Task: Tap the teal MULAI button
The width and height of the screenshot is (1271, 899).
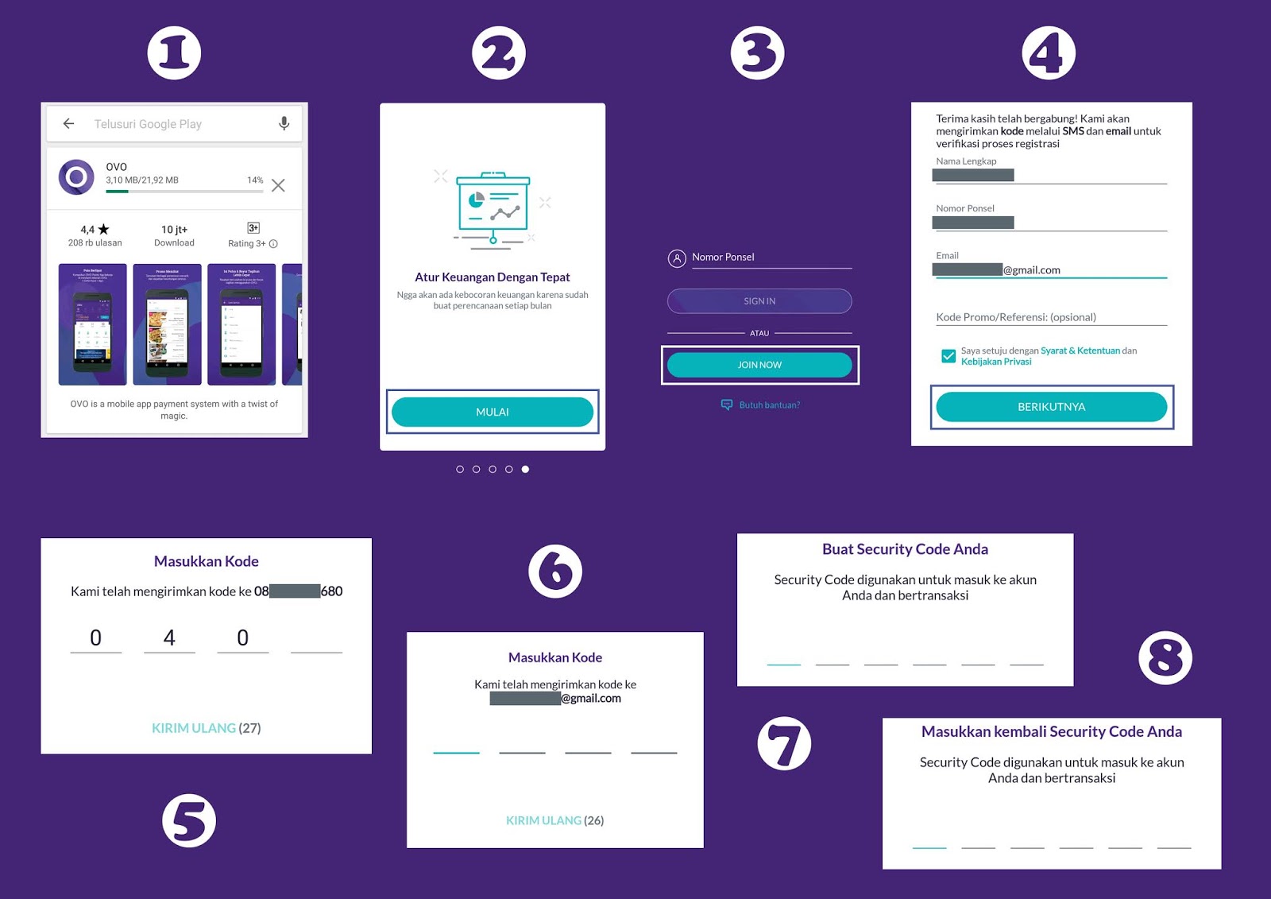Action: coord(492,412)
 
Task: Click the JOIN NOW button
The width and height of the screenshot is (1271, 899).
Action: coord(759,365)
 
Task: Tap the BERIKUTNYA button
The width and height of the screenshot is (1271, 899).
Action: coord(1051,407)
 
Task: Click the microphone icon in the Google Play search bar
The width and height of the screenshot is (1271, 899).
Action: coord(284,123)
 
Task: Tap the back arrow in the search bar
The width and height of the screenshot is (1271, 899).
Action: coord(69,123)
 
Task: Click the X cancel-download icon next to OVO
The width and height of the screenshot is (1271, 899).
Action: coord(278,185)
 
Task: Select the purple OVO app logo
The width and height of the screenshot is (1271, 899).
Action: coord(76,176)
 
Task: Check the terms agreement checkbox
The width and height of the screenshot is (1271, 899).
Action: coord(948,356)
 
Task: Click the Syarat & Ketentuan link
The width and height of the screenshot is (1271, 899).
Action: coord(1080,351)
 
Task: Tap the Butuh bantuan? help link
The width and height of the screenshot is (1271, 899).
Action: coord(768,405)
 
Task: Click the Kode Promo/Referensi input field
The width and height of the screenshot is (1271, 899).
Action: coord(1050,317)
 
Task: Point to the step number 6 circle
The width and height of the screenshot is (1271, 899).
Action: coord(555,571)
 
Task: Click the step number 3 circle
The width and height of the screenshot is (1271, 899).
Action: coord(757,53)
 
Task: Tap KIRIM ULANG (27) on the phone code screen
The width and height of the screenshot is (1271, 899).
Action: coord(206,728)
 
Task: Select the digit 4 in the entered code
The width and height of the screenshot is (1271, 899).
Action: coord(169,638)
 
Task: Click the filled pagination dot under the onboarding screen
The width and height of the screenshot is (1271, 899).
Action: coord(525,469)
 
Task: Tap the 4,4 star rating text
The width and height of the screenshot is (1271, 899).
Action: coord(95,230)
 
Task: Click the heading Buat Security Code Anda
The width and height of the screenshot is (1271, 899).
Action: coord(905,549)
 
